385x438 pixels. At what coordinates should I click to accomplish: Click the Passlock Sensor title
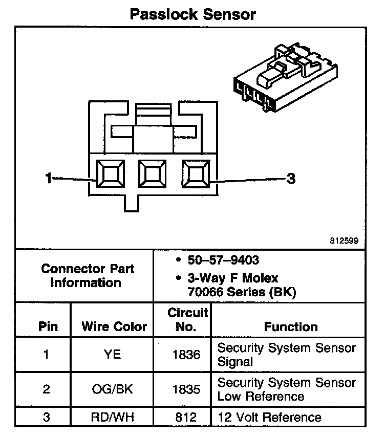coord(192,14)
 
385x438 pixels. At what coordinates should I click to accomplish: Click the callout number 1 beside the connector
coord(49,178)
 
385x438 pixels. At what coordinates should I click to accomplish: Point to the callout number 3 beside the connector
coord(290,179)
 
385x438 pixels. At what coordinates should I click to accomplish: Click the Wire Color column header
coord(114,326)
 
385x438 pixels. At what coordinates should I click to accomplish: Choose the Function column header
coord(290,326)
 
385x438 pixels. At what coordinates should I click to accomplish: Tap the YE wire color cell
coord(112,354)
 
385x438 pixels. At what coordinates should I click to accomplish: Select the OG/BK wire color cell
coord(112,389)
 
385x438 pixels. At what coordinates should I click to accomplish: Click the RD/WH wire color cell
coord(112,418)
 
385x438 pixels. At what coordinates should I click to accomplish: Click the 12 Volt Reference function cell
coord(270,418)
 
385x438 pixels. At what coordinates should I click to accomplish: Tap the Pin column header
coord(48,326)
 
